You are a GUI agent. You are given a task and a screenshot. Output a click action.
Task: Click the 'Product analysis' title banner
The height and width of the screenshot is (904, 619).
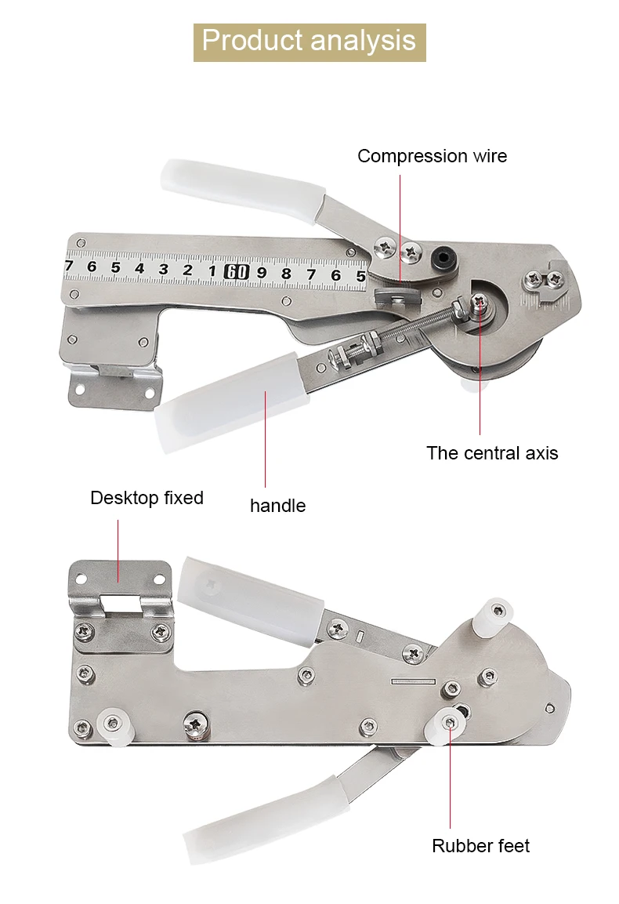(309, 42)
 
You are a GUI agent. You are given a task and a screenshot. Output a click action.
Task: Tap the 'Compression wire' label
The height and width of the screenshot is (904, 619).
(433, 156)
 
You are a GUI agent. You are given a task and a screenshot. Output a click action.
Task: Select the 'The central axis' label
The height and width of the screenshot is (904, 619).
(492, 453)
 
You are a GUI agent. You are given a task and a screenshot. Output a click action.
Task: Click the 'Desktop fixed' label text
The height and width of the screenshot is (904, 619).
(147, 498)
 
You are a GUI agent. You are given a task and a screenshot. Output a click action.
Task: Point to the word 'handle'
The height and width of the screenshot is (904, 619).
(278, 506)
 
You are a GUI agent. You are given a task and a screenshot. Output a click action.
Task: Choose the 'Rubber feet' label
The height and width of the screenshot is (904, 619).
(480, 846)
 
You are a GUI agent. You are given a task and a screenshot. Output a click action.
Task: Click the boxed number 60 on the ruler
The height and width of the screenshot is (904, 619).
(237, 271)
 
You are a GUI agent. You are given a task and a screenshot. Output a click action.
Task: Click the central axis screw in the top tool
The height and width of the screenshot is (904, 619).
(479, 301)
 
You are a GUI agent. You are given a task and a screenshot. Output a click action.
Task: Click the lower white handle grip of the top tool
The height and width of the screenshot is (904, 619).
(230, 401)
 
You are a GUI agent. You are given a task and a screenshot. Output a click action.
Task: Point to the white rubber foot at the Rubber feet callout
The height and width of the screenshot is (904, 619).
(447, 728)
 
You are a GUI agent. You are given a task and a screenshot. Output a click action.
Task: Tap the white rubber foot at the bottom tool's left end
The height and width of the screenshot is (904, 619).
(115, 728)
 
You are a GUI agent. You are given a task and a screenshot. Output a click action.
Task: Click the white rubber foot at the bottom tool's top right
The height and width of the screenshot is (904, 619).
(493, 615)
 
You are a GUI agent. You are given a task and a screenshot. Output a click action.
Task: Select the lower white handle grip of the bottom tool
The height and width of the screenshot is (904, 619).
(265, 821)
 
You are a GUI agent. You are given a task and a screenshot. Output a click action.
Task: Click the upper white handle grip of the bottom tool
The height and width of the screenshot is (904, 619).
(251, 600)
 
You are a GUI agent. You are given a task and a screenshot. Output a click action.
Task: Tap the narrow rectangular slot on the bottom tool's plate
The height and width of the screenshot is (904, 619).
(413, 681)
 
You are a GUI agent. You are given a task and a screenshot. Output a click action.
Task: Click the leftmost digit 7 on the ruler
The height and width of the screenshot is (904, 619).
(70, 266)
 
